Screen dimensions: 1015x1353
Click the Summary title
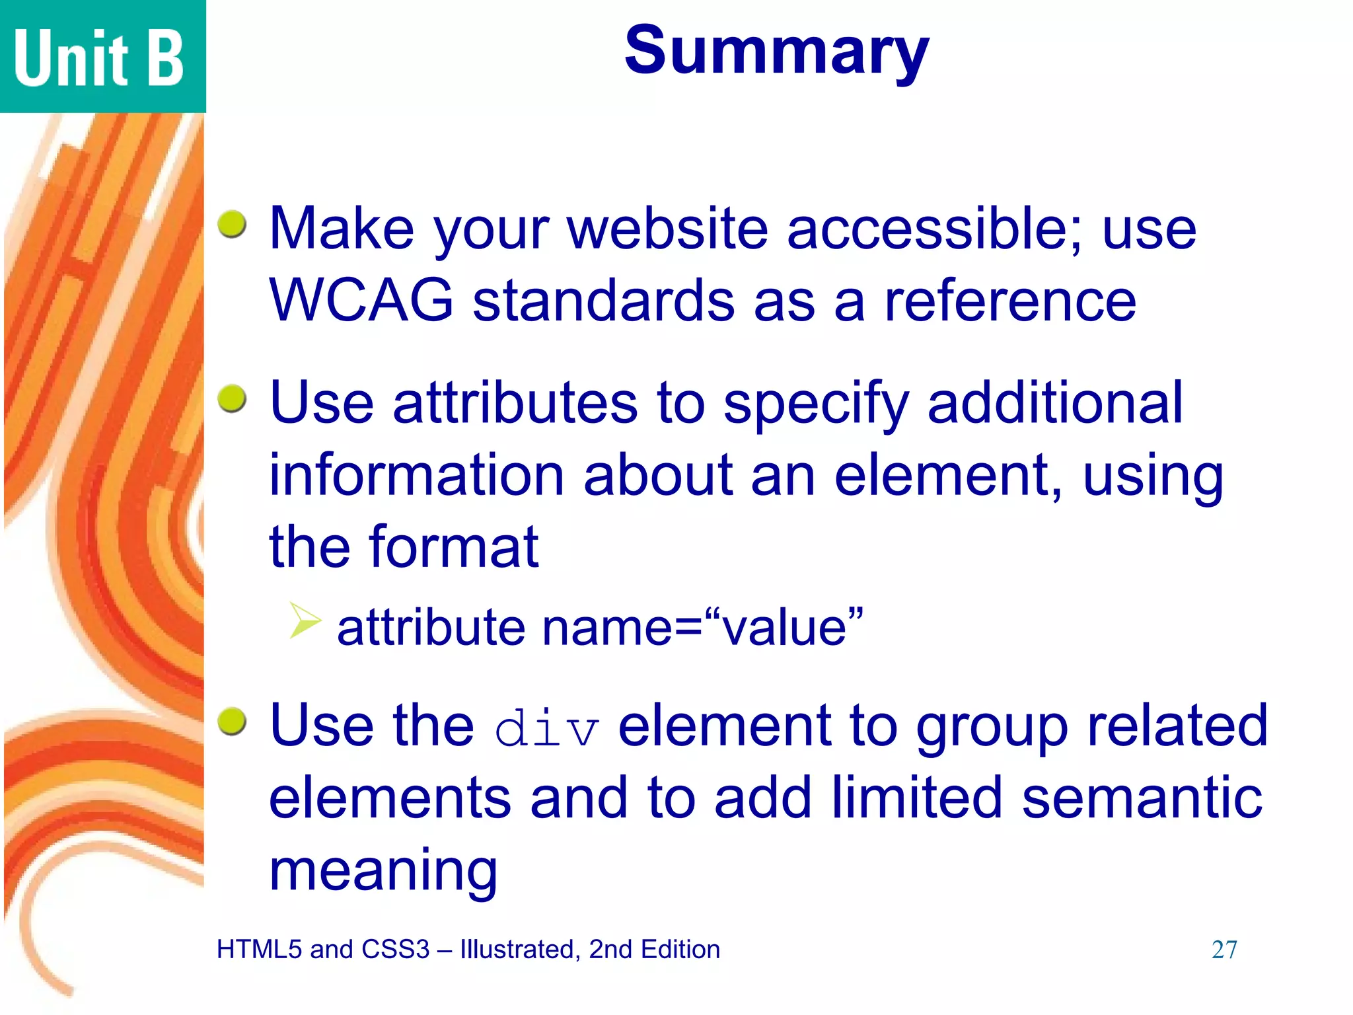pos(776,52)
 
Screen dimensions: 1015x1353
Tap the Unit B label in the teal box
pos(99,58)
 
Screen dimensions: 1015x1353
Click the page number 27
pos(1224,950)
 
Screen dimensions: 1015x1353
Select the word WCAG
pos(361,301)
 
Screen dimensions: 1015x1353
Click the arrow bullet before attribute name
pos(305,620)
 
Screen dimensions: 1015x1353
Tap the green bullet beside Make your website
pos(233,225)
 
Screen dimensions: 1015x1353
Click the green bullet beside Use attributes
pos(233,398)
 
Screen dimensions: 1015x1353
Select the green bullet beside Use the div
pos(233,722)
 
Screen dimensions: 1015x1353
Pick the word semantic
pos(1142,798)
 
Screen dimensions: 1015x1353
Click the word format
pos(454,547)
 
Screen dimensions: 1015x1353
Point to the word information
pos(416,475)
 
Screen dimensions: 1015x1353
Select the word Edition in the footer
pos(680,950)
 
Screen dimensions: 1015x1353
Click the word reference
pos(1010,301)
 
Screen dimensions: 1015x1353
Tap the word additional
pos(1055,402)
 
